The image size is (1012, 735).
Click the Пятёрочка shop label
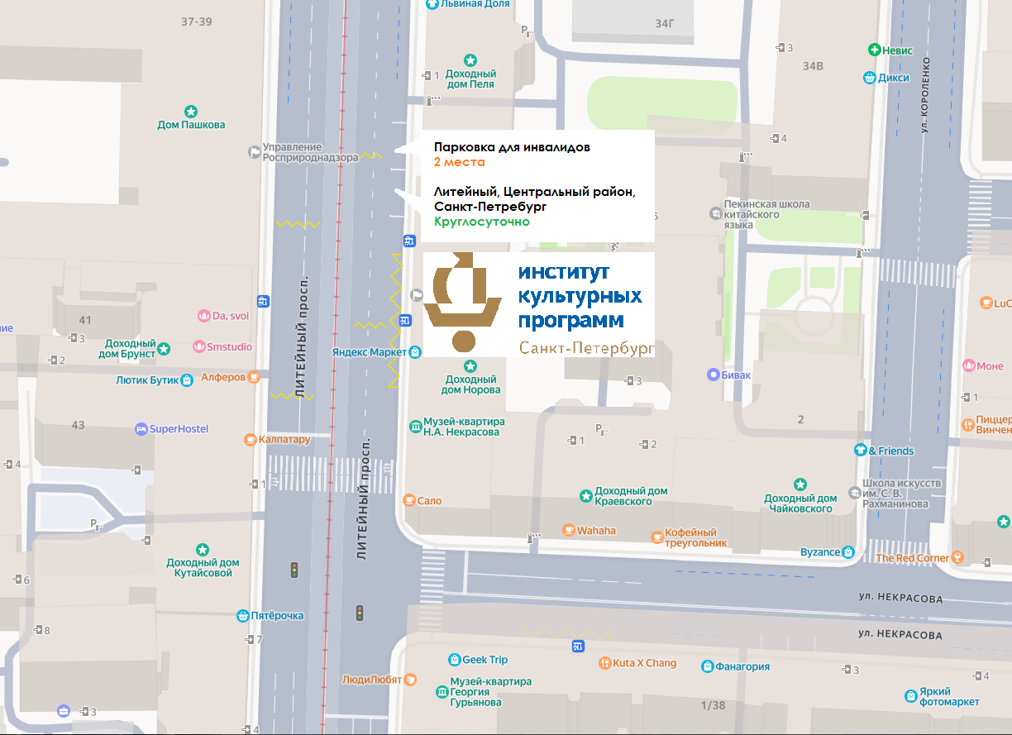278,615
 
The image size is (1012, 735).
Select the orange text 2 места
459,163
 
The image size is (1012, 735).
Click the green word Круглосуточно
482,222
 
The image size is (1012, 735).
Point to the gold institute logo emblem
462,303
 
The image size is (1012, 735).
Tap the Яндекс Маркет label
370,352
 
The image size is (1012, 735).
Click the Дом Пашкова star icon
191,111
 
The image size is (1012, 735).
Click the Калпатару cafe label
284,440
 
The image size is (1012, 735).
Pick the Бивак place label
736,375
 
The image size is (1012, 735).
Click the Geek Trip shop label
485,660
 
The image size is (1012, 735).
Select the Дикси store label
895,79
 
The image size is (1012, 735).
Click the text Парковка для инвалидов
512,147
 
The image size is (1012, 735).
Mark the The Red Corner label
912,558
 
